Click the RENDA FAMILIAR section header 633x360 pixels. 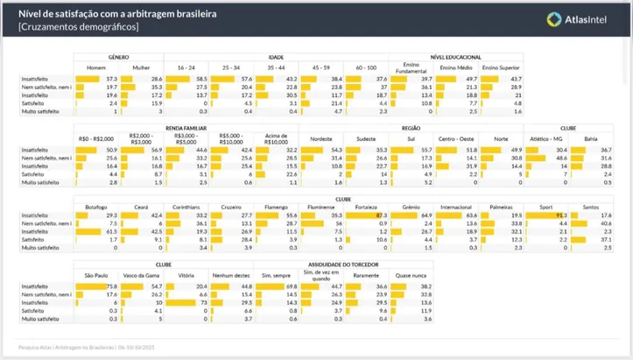185,126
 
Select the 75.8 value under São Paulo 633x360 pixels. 112,286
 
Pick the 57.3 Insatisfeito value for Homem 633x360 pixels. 111,78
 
